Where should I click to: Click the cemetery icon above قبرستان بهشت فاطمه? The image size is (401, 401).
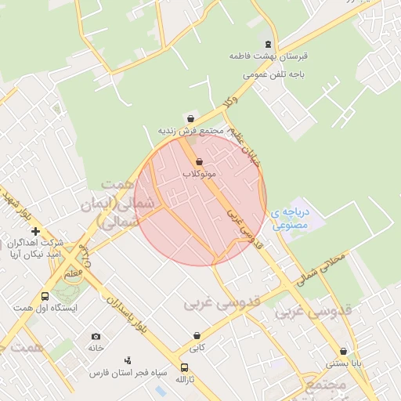point(269,44)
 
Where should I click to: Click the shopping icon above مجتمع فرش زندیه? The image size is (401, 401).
point(190,118)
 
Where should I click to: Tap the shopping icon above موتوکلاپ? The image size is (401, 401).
point(199,161)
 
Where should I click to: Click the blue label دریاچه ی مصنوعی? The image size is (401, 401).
point(292,218)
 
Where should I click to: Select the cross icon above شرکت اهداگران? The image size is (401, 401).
point(35,231)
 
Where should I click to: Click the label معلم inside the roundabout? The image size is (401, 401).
point(73,273)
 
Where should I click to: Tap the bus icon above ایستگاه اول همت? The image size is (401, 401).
point(45,297)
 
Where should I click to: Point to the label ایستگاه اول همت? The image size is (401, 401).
point(53,309)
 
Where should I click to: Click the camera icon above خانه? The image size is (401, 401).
point(96,336)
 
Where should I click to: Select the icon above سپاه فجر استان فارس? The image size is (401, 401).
point(128,360)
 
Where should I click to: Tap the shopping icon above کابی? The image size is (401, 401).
point(197,335)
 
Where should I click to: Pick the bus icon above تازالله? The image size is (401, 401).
point(184,367)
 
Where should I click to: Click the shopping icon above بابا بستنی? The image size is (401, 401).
point(343,352)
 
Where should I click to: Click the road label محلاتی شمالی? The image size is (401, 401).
point(320,266)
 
